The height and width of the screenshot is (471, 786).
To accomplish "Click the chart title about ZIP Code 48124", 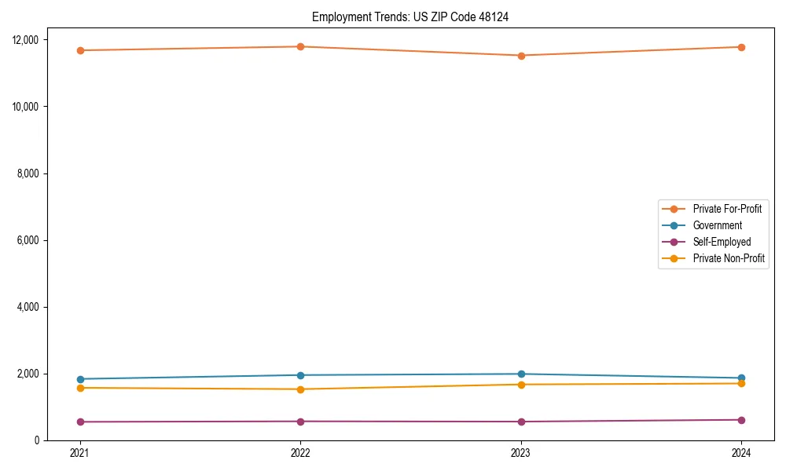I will [x=410, y=16].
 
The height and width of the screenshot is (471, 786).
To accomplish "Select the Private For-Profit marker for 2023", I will [x=521, y=56].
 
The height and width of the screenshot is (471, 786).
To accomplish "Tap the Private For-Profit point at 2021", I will [x=80, y=50].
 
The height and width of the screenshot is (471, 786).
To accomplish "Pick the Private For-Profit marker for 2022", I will [x=300, y=46].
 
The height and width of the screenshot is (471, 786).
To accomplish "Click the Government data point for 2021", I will [x=80, y=379].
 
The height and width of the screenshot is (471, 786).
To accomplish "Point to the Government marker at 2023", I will [x=521, y=374].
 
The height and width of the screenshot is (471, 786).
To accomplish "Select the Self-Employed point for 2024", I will [x=741, y=420].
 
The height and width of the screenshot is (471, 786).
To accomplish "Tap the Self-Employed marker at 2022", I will [x=300, y=422].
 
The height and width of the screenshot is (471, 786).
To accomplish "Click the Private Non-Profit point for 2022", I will [x=300, y=389].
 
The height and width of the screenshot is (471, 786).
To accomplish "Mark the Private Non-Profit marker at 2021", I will [x=80, y=388].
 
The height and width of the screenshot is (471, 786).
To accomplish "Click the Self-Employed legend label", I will [x=722, y=242].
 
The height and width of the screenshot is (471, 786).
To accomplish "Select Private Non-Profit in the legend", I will [x=729, y=258].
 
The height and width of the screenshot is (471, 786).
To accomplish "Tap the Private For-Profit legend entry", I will [x=727, y=209].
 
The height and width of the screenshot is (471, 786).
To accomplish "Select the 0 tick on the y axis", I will [x=42, y=440].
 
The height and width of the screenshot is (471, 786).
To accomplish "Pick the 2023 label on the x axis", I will [x=521, y=453].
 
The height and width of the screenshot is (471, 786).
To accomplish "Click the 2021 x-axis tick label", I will [x=80, y=453].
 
